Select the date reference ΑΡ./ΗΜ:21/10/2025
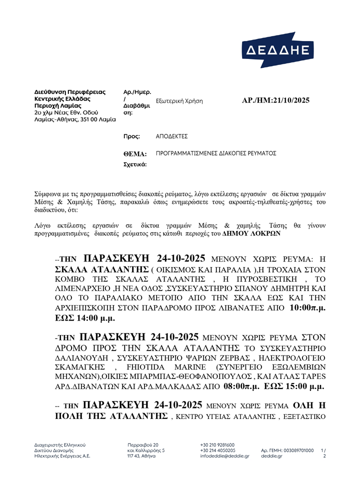click(275, 100)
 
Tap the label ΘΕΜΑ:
click(135, 154)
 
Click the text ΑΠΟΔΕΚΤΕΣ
click(172, 136)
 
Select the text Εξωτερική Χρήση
click(179, 101)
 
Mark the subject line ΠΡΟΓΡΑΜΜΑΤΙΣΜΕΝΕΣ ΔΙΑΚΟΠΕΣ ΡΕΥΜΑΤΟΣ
click(216, 153)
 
